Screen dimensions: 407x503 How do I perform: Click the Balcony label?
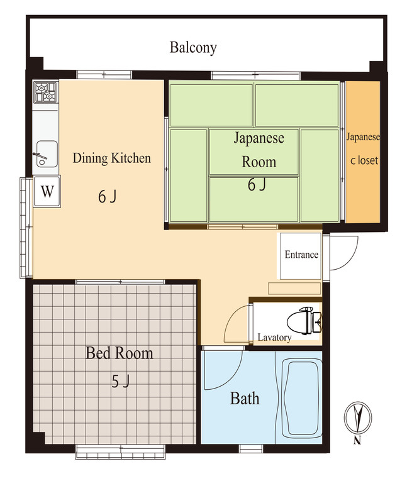click(x=193, y=48)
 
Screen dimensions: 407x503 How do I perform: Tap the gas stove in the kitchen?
click(x=45, y=92)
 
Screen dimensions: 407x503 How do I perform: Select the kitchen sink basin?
click(x=47, y=153)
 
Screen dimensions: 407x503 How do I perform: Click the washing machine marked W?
click(x=47, y=192)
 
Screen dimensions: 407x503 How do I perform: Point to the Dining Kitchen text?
click(x=112, y=158)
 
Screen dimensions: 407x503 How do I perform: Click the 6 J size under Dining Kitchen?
click(x=107, y=196)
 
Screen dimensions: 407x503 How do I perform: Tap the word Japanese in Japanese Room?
click(x=259, y=138)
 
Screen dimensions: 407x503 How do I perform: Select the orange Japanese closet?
click(x=363, y=152)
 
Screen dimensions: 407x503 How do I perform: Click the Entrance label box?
click(x=301, y=256)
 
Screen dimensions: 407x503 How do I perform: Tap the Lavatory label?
click(x=274, y=337)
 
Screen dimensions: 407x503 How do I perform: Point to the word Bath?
click(x=245, y=399)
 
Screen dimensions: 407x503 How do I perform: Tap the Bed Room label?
click(x=119, y=353)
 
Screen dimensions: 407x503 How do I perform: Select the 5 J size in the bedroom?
click(x=120, y=382)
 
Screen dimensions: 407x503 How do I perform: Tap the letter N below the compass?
click(x=357, y=441)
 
